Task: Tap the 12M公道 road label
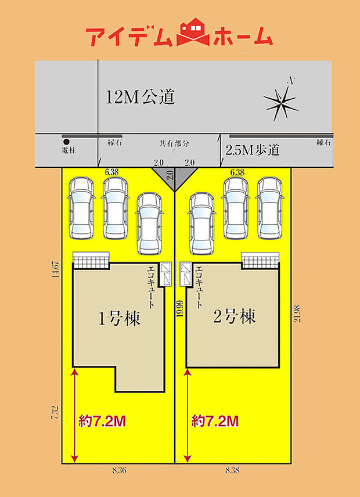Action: [x=141, y=97]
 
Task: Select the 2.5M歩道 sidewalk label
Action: [x=252, y=150]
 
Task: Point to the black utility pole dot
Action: [x=66, y=142]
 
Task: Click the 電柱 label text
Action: [x=69, y=150]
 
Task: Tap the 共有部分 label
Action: [x=175, y=143]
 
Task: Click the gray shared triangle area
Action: [x=175, y=175]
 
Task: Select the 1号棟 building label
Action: [x=119, y=318]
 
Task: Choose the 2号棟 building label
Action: [x=235, y=317]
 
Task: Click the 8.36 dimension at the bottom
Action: [x=119, y=471]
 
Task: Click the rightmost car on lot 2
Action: [x=269, y=207]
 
